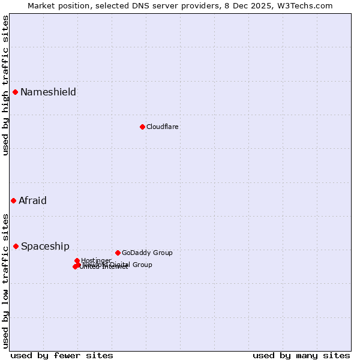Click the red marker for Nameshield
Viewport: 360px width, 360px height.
coord(15,92)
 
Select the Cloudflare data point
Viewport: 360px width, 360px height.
coord(142,127)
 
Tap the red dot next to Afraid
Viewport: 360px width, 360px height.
coord(13,200)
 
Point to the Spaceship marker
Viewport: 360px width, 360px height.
coord(16,246)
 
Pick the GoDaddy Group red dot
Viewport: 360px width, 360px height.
coord(118,253)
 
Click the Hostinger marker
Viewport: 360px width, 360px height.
coord(77,260)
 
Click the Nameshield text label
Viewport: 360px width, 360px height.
coord(48,92)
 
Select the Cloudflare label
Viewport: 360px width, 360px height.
coord(163,127)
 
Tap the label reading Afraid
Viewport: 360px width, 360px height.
coord(32,200)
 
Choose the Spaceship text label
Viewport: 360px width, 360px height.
coord(45,246)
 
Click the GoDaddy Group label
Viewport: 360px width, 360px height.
coord(147,253)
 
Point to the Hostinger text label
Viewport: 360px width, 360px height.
coord(96,260)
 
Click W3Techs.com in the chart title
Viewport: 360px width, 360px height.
coord(308,5)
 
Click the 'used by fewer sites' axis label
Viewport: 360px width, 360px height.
coord(62,355)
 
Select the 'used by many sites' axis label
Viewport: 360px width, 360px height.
coord(301,355)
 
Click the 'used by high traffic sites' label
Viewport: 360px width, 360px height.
coord(5,85)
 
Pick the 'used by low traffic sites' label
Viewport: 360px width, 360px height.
coord(5,280)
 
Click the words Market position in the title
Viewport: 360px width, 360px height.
coord(57,5)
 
